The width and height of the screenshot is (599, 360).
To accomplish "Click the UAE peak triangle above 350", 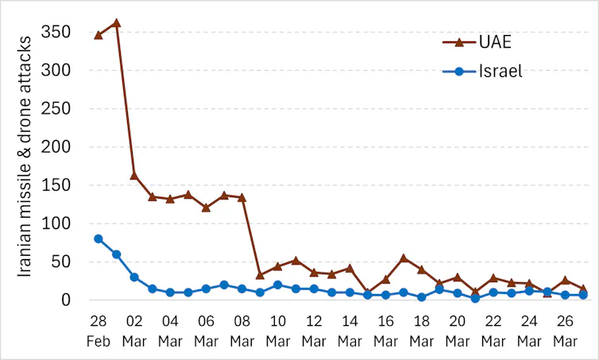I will (116, 23).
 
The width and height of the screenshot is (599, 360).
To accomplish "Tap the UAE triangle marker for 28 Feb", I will (99, 35).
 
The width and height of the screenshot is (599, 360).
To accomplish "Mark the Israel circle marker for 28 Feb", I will (99, 238).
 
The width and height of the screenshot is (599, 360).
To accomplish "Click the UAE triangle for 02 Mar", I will (134, 175).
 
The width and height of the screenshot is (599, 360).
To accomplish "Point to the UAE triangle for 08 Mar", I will (242, 197).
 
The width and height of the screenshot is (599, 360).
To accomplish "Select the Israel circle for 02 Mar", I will (134, 277).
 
